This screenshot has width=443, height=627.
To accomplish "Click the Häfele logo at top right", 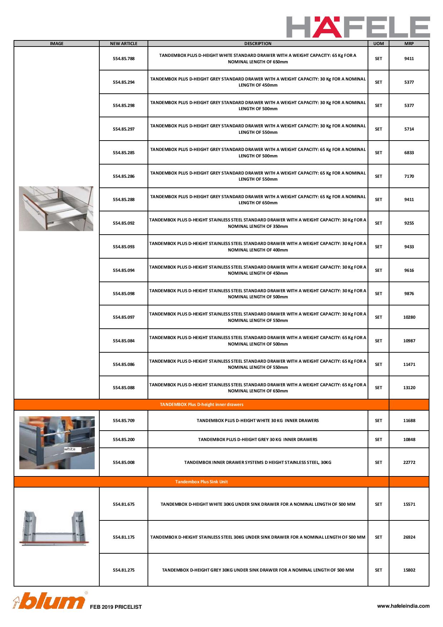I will pyautogui.click(x=358, y=27).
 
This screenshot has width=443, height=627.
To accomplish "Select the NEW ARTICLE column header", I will pyautogui.click(x=124, y=44).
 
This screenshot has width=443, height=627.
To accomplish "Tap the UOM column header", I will pyautogui.click(x=378, y=44).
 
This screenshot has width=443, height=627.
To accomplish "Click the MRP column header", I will pyautogui.click(x=409, y=44).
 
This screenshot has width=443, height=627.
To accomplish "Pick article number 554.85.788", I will pyautogui.click(x=124, y=59).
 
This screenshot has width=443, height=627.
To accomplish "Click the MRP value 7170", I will pyautogui.click(x=409, y=176).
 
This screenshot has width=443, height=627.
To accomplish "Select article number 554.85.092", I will pyautogui.click(x=124, y=223).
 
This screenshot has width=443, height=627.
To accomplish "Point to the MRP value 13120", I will pyautogui.click(x=409, y=388).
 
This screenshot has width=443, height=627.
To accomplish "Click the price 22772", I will pyautogui.click(x=409, y=462).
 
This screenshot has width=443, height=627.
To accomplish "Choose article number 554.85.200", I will pyautogui.click(x=124, y=440).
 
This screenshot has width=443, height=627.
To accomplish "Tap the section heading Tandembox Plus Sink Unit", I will pyautogui.click(x=201, y=482).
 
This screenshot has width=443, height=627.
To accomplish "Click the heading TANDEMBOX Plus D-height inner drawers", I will pyautogui.click(x=201, y=405).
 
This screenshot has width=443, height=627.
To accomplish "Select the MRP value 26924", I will pyautogui.click(x=409, y=537).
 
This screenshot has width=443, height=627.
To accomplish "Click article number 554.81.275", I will pyautogui.click(x=124, y=570).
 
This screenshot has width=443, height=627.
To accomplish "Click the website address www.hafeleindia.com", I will pyautogui.click(x=403, y=606).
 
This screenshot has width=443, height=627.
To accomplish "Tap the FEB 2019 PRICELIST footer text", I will pyautogui.click(x=116, y=607).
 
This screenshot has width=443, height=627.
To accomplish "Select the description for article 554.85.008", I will pyautogui.click(x=258, y=462).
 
